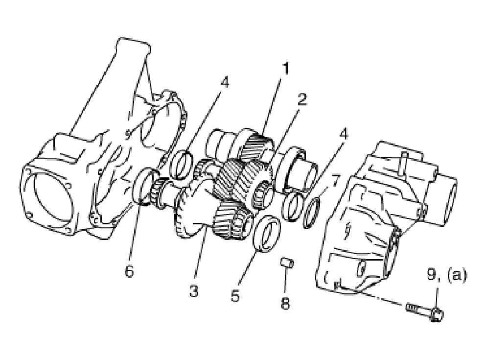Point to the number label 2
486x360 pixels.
(301, 99)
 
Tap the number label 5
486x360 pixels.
(235, 296)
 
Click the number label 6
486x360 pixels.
(129, 271)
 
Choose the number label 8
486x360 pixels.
(285, 303)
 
